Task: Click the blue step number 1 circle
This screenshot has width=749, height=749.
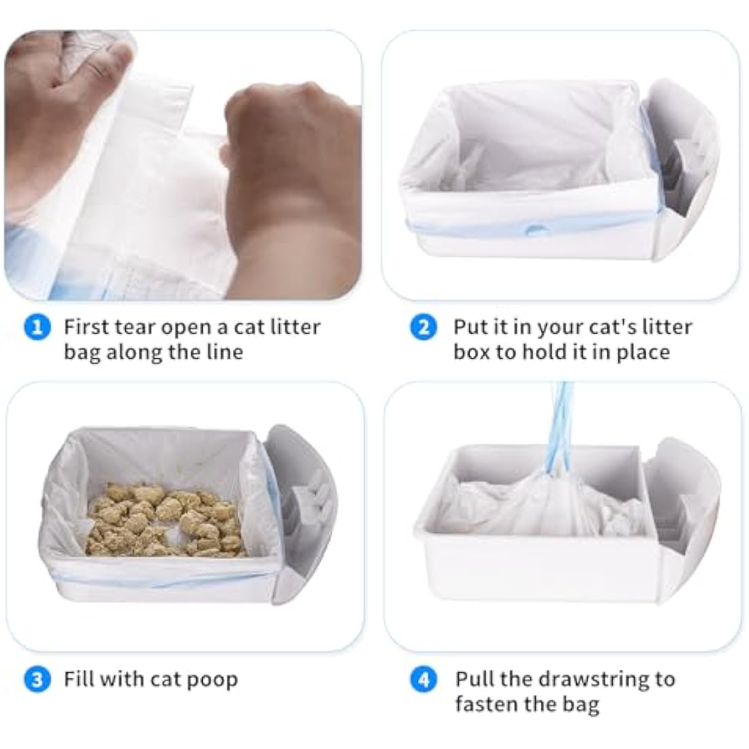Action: point(37,327)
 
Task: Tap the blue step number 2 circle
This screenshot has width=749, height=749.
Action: point(423,327)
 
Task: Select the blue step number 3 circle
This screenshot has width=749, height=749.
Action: point(37,679)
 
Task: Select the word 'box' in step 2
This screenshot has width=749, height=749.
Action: point(471,352)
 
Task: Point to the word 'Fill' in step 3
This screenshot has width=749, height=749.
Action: point(78,679)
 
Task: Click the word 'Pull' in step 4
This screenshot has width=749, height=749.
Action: point(475,679)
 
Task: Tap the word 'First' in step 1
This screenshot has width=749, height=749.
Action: point(86,327)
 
